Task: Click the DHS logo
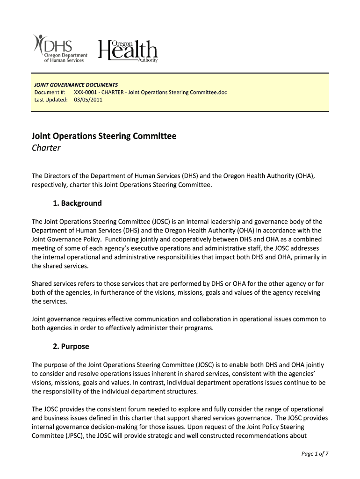[60, 48]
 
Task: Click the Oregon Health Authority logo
[128, 50]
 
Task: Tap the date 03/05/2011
[88, 100]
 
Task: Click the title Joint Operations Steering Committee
[104, 136]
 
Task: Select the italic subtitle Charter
[46, 148]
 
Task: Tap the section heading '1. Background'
[75, 203]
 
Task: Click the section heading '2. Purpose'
[68, 347]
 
